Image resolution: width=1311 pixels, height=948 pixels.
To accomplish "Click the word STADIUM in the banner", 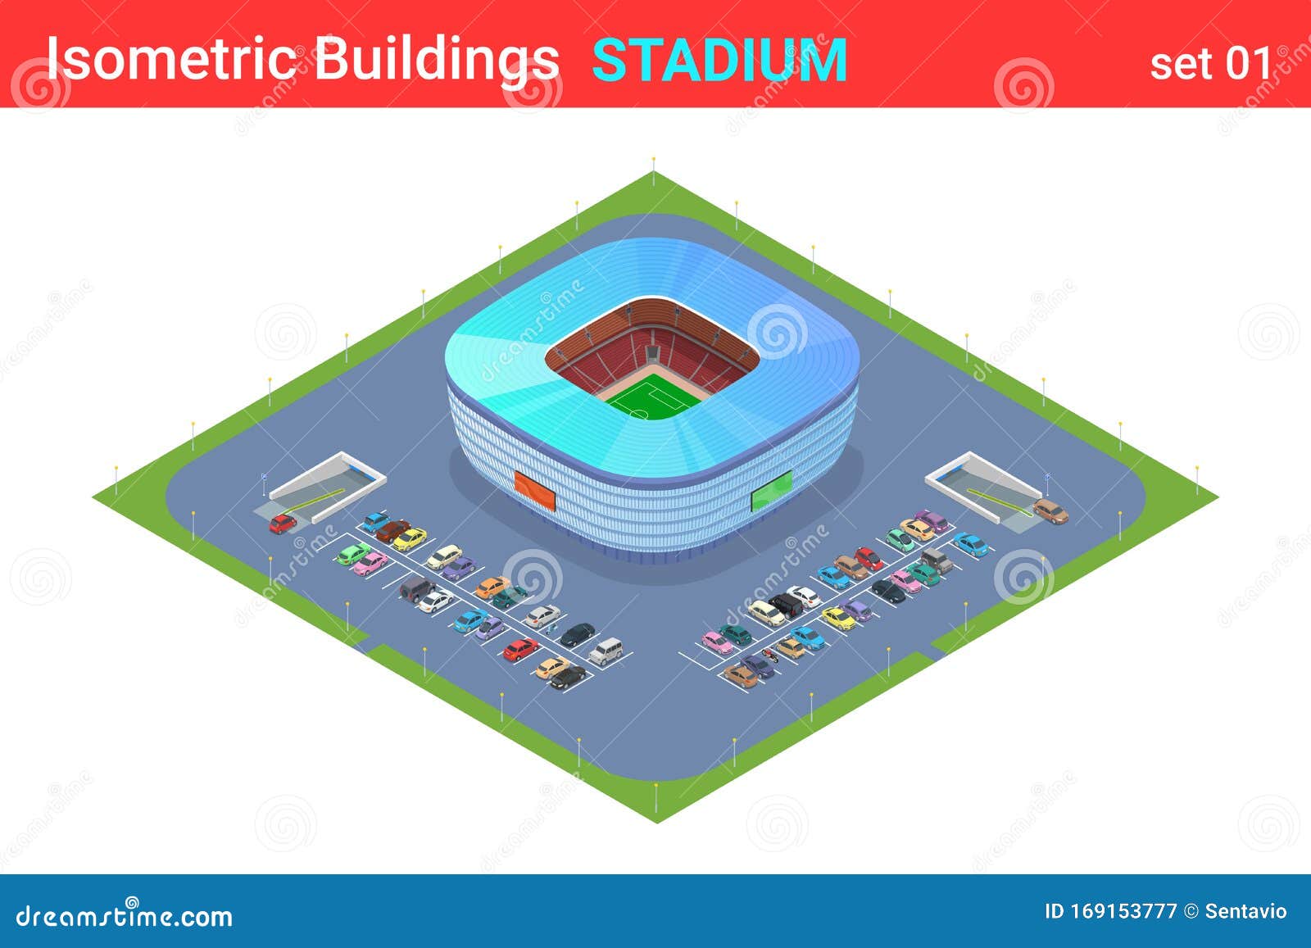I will pyautogui.click(x=719, y=60).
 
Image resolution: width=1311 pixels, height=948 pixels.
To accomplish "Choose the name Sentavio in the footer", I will pyautogui.click(x=1245, y=911).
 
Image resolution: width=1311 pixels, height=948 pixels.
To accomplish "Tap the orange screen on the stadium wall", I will pyautogui.click(x=534, y=489).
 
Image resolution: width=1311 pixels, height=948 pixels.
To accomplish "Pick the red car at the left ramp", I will pyautogui.click(x=283, y=523).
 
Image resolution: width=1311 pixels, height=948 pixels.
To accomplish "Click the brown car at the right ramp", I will pyautogui.click(x=1050, y=511).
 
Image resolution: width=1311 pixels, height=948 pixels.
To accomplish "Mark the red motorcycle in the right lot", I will pyautogui.click(x=769, y=654).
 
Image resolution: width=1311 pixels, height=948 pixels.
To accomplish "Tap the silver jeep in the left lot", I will pyautogui.click(x=606, y=651).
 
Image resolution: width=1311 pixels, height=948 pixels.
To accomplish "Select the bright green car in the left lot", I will pyautogui.click(x=353, y=554).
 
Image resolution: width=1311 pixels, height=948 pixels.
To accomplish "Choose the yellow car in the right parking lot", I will pyautogui.click(x=838, y=618).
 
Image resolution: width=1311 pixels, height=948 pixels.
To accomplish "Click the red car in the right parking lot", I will pyautogui.click(x=869, y=558).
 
